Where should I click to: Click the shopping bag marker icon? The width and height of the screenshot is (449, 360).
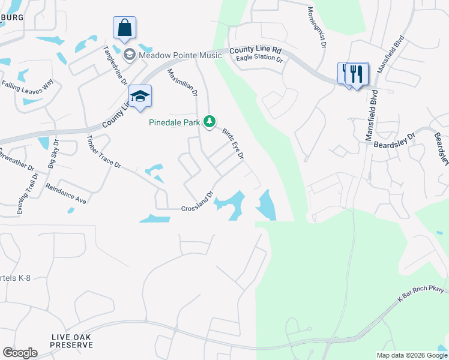(124, 28)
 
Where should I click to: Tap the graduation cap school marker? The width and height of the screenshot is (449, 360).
(140, 97)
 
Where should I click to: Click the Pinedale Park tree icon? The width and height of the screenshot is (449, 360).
(209, 122)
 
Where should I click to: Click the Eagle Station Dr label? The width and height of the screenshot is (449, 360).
(259, 59)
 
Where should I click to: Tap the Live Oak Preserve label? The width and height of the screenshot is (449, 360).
(71, 341)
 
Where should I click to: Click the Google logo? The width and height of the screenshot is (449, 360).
(20, 353)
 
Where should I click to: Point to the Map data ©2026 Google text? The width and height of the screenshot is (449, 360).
(412, 355)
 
